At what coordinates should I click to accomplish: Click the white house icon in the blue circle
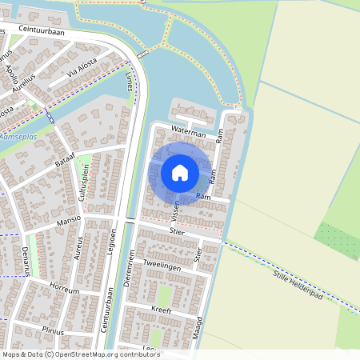180,172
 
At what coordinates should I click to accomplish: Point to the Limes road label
130,82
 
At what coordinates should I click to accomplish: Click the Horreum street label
63,288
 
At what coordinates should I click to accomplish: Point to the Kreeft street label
161,308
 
